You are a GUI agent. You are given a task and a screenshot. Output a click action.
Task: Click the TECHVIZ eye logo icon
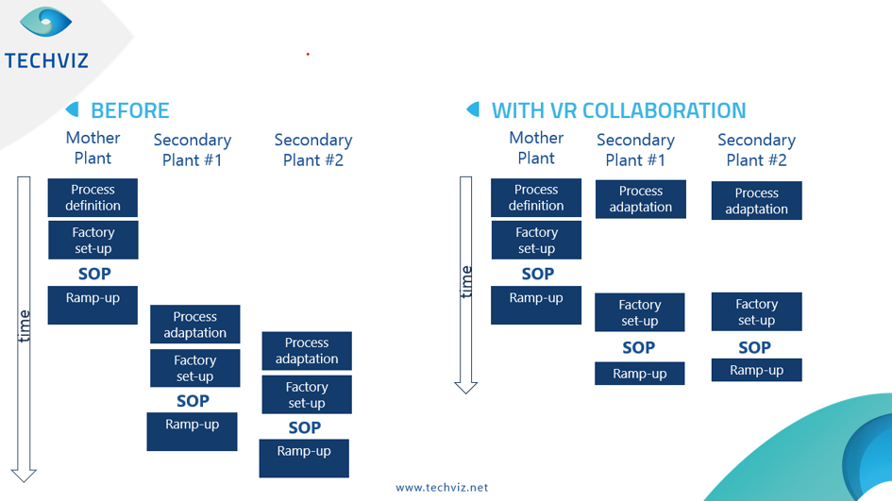pyautogui.click(x=45, y=23)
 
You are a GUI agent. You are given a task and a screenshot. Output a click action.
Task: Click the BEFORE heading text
pyautogui.click(x=129, y=110)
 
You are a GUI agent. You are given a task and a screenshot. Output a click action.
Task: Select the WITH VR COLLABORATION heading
pyautogui.click(x=618, y=110)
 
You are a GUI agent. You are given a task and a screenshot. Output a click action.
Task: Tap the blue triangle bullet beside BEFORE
pyautogui.click(x=72, y=109)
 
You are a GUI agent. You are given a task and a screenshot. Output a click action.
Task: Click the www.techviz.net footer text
pyautogui.click(x=442, y=488)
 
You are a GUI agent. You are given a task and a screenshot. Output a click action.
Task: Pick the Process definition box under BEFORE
pyautogui.click(x=93, y=197)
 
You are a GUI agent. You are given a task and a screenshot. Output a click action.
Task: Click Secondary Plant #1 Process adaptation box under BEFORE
pyautogui.click(x=194, y=325)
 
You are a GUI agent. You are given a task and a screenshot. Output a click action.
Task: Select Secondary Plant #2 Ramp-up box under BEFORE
pyautogui.click(x=304, y=458)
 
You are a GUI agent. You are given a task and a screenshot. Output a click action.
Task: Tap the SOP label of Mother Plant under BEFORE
pyautogui.click(x=93, y=274)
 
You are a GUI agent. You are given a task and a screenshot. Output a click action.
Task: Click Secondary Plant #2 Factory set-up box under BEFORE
pyautogui.click(x=306, y=394)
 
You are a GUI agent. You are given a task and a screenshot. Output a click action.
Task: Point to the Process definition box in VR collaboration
pyautogui.click(x=536, y=197)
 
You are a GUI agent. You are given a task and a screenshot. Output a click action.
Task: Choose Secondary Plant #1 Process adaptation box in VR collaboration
pyautogui.click(x=640, y=199)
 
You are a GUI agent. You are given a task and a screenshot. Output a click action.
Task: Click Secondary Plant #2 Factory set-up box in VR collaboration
pyautogui.click(x=756, y=311)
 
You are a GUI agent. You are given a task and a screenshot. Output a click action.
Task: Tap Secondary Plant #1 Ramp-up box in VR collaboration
pyautogui.click(x=639, y=374)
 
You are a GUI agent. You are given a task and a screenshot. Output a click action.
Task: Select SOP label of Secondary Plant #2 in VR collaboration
pyautogui.click(x=754, y=347)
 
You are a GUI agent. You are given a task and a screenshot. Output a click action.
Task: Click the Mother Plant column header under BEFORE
pyautogui.click(x=93, y=148)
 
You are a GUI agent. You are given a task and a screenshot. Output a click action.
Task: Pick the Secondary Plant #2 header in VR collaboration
pyautogui.click(x=756, y=150)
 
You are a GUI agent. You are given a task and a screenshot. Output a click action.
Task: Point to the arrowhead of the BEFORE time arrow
pyautogui.click(x=24, y=474)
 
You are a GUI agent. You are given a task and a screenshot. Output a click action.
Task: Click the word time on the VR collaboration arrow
pyautogui.click(x=465, y=281)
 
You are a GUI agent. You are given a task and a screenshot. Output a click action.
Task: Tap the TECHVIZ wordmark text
pyautogui.click(x=46, y=60)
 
